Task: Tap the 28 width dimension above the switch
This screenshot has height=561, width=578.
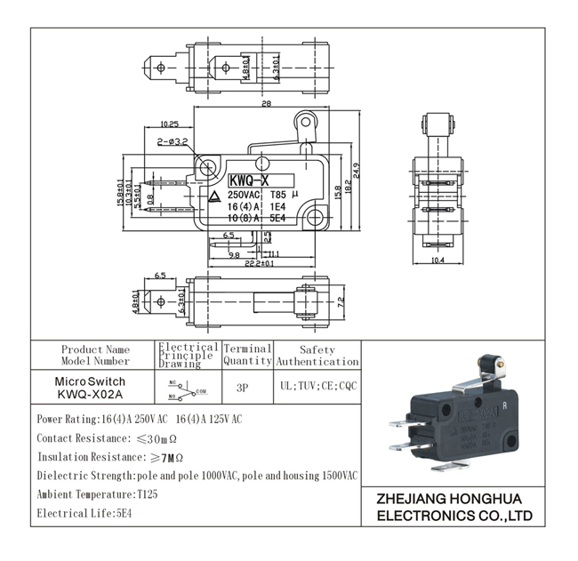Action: pyautogui.click(x=266, y=105)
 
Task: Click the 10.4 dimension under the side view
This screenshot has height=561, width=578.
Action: pyautogui.click(x=438, y=260)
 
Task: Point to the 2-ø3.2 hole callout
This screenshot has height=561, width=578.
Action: pyautogui.click(x=171, y=141)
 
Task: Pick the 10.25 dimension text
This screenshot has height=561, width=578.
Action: pyautogui.click(x=169, y=124)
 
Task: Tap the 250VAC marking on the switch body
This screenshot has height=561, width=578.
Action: pyautogui.click(x=244, y=194)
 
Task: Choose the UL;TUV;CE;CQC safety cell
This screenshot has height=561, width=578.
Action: pyautogui.click(x=317, y=388)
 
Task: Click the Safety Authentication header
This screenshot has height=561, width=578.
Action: pyautogui.click(x=317, y=356)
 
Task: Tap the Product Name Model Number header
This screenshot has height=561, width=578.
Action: pyautogui.click(x=95, y=355)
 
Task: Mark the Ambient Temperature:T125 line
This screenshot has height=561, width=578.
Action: pyautogui.click(x=97, y=493)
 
